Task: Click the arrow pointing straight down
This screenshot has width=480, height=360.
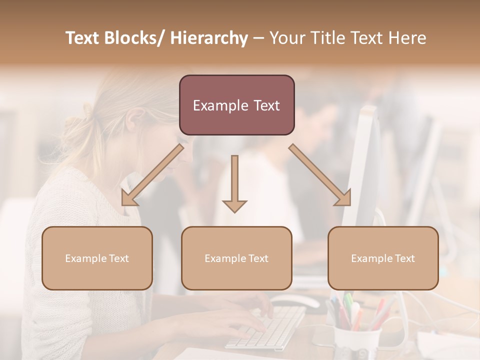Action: click(x=234, y=185)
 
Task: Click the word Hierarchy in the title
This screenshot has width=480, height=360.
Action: click(x=209, y=38)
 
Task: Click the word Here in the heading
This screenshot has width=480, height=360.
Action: click(x=408, y=38)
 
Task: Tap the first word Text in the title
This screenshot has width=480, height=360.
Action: click(x=83, y=38)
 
